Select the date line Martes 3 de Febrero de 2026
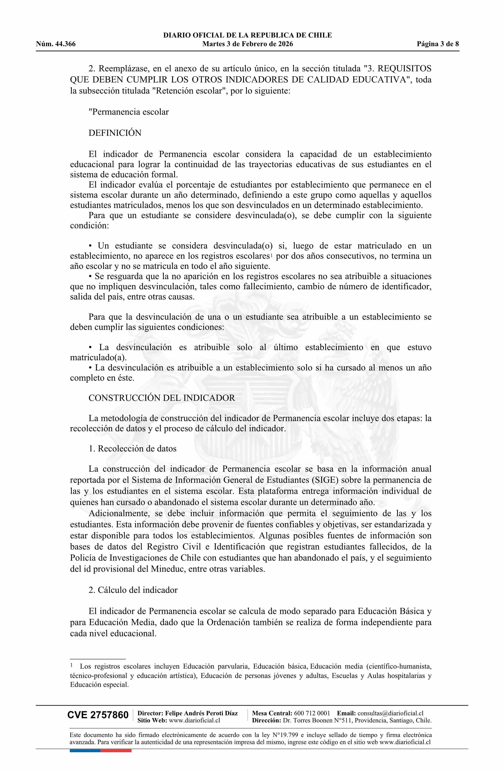(247, 44)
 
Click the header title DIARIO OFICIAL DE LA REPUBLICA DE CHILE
(247, 35)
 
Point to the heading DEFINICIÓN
(115, 133)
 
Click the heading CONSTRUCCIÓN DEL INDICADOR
(162, 398)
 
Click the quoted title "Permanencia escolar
(129, 112)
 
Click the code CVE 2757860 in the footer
(98, 715)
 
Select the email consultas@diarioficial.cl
(390, 713)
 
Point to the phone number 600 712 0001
(312, 713)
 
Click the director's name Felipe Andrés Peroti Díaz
(201, 713)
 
